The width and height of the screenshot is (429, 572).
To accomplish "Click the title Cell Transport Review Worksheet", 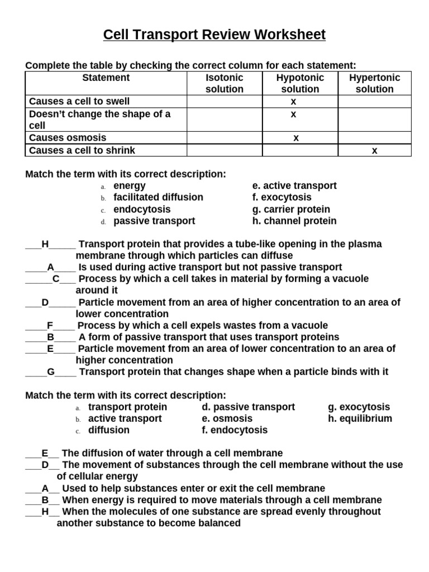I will pos(214,35).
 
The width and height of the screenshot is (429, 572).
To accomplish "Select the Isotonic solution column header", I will pos(225,83).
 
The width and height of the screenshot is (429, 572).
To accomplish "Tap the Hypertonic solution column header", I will pos(374,83).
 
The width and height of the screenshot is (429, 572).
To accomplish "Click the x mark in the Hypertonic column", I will pos(374,150).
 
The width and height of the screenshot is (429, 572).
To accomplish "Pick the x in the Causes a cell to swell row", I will pos(293,101).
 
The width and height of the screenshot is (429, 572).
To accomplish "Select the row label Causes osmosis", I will pos(68,137).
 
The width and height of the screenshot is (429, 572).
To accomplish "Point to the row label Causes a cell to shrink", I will pos(82,150).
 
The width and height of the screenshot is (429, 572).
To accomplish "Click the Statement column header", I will pos(106,78).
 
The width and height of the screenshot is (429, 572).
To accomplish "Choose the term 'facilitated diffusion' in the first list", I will pos(158,197).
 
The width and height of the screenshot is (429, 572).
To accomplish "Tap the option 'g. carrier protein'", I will pos(291,209).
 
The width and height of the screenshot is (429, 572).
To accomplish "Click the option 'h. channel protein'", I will pos(294,221).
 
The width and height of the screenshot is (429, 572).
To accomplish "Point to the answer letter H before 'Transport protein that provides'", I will pos(45,244).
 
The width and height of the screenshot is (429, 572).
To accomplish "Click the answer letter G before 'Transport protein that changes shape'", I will pos(50,372).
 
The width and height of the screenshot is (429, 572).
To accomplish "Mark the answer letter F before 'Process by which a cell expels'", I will pos(50,326).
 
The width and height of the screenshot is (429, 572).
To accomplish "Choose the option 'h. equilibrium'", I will pos(360,418).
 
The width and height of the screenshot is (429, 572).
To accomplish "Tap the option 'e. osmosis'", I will pos(227,418).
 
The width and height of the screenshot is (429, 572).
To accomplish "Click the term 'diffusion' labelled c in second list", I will pos(108,430).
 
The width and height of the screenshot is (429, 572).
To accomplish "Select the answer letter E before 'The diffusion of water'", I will pos(45,453).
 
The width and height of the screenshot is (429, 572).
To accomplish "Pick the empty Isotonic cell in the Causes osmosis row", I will pos(225,137).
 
